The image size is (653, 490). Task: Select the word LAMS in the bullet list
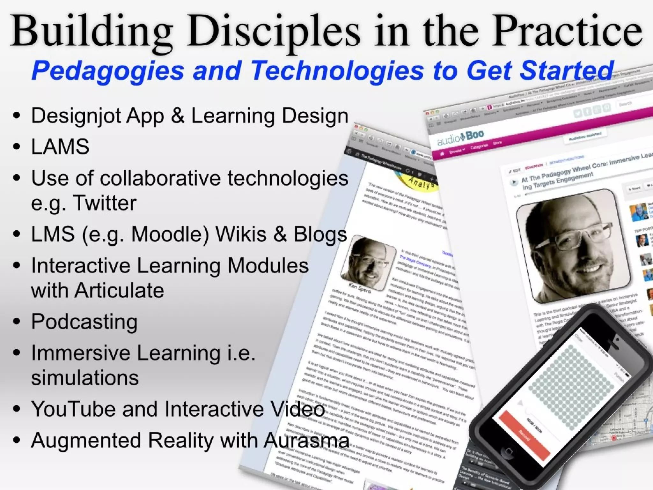60,147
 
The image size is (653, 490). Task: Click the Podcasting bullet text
84,322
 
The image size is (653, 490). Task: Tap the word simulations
85,378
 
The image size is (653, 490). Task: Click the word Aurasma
306,441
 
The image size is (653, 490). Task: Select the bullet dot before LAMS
17,147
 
